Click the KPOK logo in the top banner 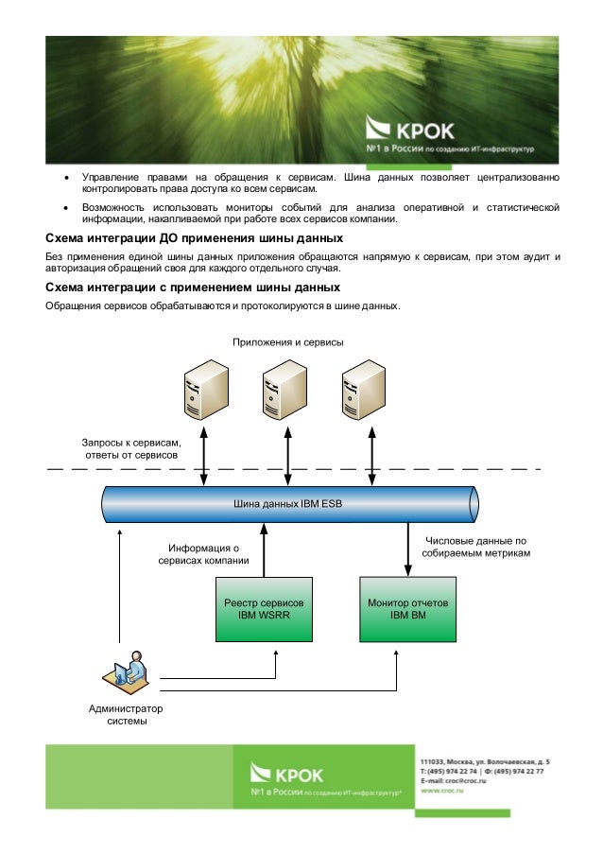click(412, 130)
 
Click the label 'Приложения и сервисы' click(287, 341)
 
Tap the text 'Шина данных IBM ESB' click(288, 503)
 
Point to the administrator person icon click(125, 671)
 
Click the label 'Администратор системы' click(125, 715)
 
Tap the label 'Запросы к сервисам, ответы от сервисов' click(132, 448)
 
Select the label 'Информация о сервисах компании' click(204, 554)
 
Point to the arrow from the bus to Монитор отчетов click(407, 549)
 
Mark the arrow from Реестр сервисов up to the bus click(264, 549)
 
